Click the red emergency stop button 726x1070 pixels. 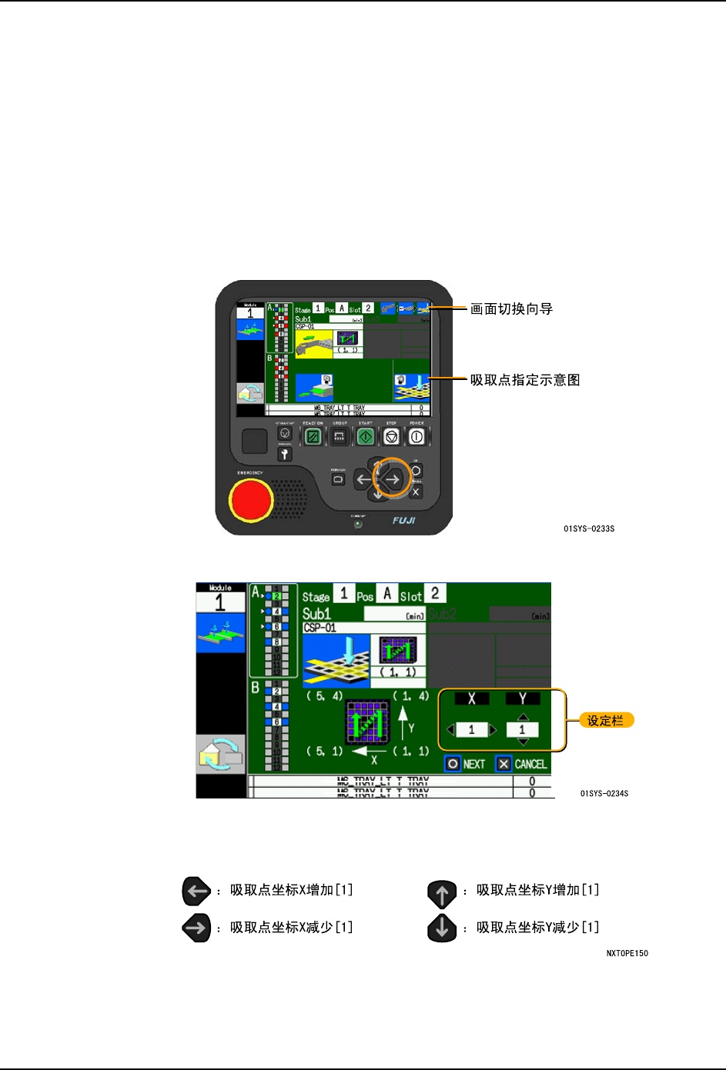(x=251, y=500)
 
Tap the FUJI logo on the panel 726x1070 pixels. (x=404, y=521)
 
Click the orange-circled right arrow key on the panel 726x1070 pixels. (x=393, y=479)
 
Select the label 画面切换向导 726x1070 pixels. (x=511, y=309)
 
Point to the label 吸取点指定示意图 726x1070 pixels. (x=525, y=380)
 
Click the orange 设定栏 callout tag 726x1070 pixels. (x=606, y=721)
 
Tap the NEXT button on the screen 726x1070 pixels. (x=466, y=764)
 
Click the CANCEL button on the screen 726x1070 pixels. (x=522, y=764)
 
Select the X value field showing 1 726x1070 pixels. (x=472, y=730)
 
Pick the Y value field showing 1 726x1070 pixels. (x=522, y=730)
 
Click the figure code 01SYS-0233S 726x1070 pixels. (x=589, y=529)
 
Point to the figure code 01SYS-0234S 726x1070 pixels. (x=604, y=794)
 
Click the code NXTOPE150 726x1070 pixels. (x=627, y=954)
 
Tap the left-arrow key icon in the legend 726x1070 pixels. (x=196, y=891)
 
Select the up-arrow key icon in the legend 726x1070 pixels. (x=442, y=894)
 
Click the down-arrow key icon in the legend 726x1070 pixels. (x=442, y=928)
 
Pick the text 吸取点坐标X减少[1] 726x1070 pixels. (x=291, y=928)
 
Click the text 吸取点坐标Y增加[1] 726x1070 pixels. (x=537, y=890)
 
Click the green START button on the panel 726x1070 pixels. (x=366, y=437)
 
